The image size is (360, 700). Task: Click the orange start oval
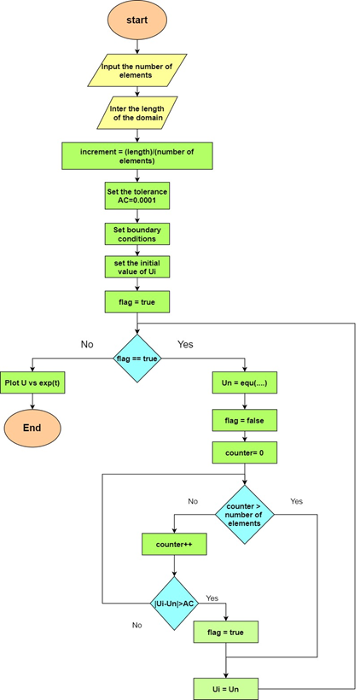137,20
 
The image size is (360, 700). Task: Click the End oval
32,428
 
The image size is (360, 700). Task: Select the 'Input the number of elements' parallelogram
137,70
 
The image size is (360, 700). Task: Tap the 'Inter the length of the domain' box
137,113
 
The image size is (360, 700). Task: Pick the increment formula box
137,156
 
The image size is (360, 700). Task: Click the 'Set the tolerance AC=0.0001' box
137,195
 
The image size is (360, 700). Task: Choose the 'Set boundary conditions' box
137,234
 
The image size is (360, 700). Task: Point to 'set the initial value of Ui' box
137,266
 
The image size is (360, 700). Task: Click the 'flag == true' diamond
137,358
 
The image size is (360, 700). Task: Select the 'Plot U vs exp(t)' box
32,382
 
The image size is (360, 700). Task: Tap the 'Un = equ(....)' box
245,382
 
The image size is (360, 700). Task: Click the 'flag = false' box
245,420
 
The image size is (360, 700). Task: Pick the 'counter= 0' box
245,452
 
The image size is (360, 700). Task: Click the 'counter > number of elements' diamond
245,514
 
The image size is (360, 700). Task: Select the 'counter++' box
174,545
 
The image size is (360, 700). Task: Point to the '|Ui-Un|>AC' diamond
174,604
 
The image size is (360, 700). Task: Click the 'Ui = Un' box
226,689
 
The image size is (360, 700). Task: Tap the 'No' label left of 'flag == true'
87,344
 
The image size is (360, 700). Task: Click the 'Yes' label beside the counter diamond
296,501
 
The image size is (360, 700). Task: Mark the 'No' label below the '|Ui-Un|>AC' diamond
137,625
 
